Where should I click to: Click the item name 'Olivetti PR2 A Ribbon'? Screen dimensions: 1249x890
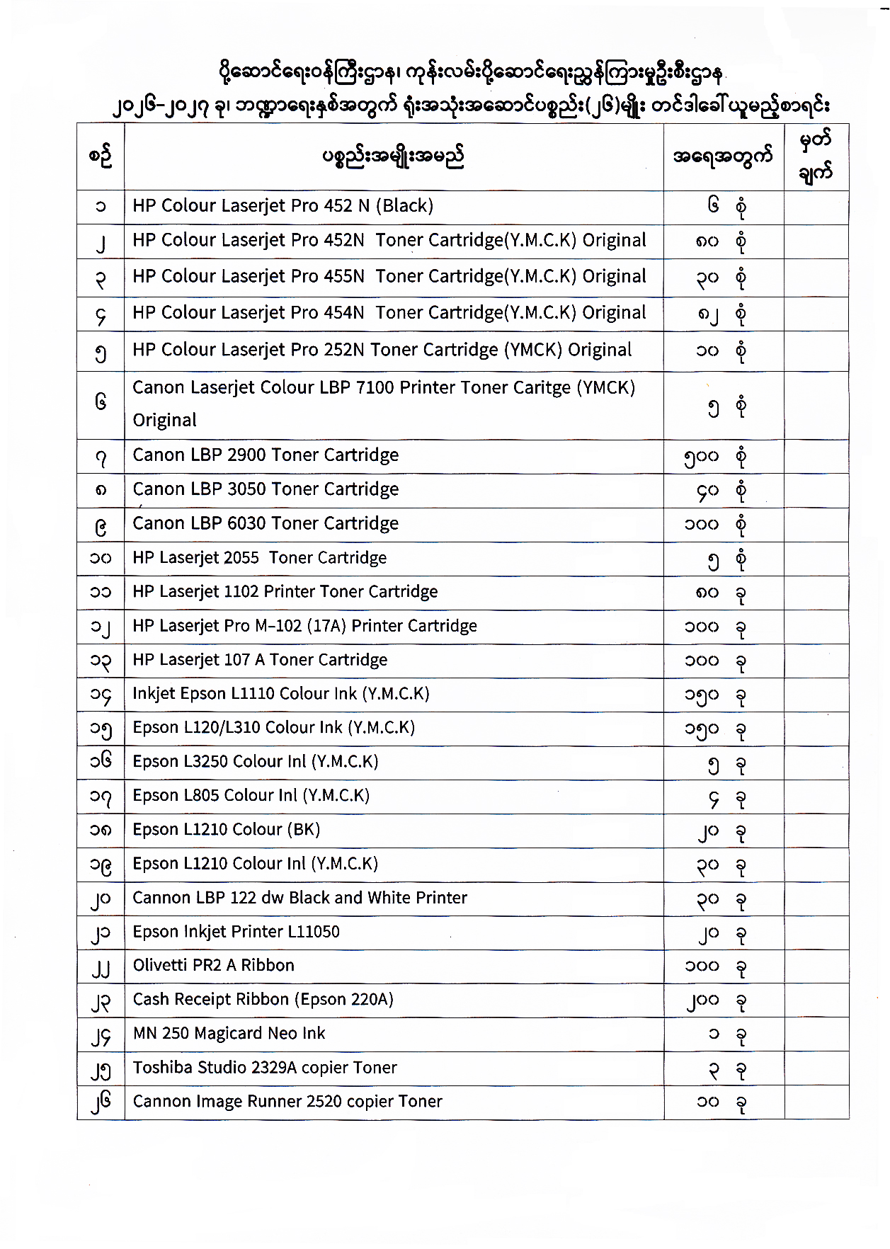coord(213,965)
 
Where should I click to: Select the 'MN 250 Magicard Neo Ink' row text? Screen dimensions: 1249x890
coord(229,1033)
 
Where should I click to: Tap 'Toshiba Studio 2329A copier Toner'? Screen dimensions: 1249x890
coord(265,1067)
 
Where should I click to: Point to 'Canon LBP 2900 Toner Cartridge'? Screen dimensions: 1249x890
coord(266,455)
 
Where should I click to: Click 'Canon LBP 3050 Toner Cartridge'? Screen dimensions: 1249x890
coord(266,489)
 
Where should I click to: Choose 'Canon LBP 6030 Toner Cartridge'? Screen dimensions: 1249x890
coord(266,523)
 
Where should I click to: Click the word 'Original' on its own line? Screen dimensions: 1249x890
coord(164,420)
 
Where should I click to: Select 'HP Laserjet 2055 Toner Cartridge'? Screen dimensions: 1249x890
coord(259,558)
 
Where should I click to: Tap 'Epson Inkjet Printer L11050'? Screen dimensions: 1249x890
coord(236,931)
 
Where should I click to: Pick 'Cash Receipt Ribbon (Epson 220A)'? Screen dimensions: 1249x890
coord(263,999)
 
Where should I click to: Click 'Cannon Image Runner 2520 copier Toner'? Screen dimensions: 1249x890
coord(287,1101)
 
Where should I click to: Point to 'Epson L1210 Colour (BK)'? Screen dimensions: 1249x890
coord(226,829)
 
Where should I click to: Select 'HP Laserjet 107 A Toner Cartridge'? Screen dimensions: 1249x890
coord(260,660)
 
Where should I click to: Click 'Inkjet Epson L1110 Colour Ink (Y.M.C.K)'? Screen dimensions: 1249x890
coord(280,693)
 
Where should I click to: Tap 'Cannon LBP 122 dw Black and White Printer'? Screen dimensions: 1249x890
coord(299,897)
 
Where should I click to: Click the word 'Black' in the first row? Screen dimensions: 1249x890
coord(404,205)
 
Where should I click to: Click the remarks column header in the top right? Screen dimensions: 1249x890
coord(816,156)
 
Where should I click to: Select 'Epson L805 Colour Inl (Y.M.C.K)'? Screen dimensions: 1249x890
coord(251,795)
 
